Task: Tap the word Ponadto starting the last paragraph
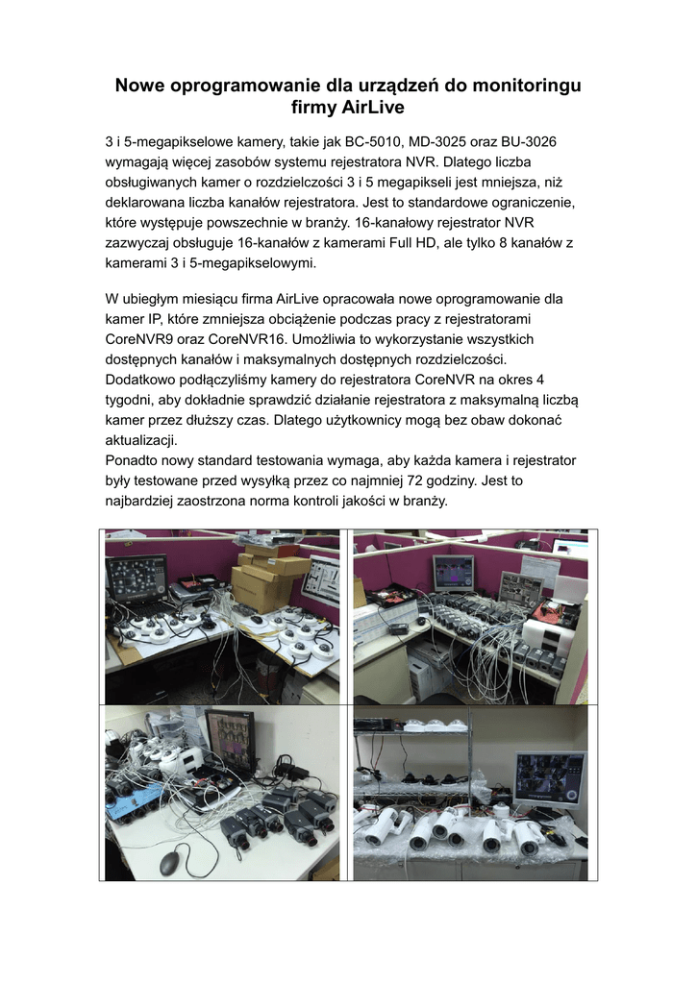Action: click(x=133, y=460)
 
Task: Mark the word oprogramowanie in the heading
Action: click(x=254, y=86)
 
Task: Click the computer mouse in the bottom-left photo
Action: click(x=169, y=862)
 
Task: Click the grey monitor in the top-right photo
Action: click(x=453, y=573)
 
